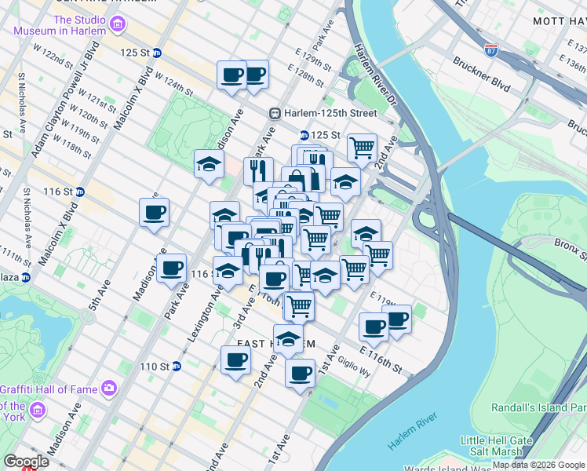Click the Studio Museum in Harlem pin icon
118,24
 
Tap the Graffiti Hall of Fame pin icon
108,389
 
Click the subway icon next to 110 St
177,367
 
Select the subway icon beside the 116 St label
80,192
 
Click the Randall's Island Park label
538,408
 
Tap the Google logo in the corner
26,462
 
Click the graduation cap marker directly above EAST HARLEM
289,338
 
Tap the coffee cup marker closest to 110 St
235,361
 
